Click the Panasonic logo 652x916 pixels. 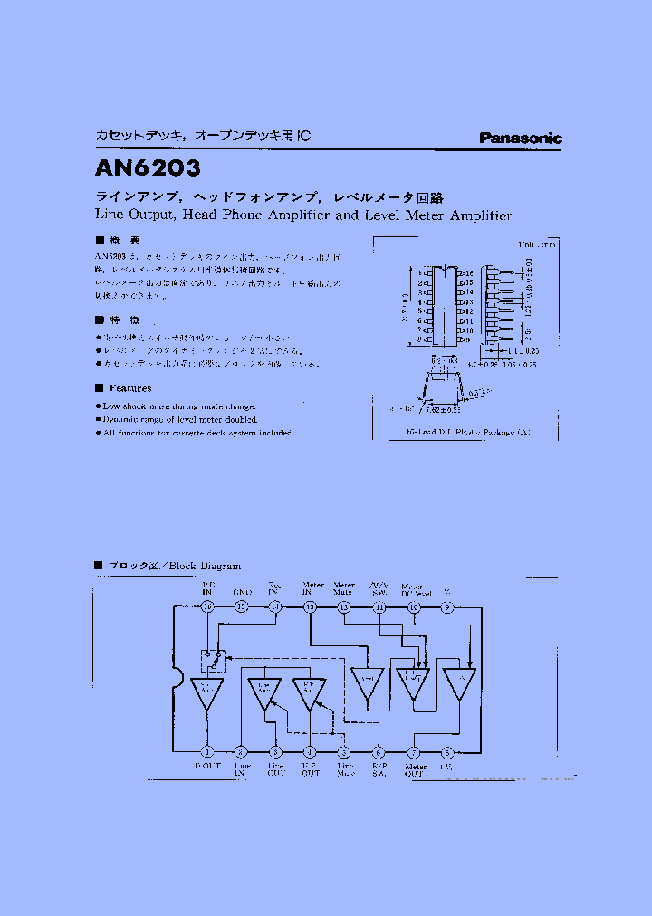point(521,138)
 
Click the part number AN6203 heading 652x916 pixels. point(148,168)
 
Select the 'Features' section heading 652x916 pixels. point(128,387)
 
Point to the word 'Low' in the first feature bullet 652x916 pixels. point(112,406)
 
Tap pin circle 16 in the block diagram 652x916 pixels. point(207,606)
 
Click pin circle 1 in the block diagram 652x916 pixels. point(207,752)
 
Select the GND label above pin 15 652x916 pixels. point(242,592)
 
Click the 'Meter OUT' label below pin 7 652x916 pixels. point(414,770)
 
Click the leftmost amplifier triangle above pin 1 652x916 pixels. point(207,692)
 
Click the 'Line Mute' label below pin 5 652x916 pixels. point(345,770)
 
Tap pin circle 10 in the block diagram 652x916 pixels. point(414,606)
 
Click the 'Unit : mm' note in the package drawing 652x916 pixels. point(537,244)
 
